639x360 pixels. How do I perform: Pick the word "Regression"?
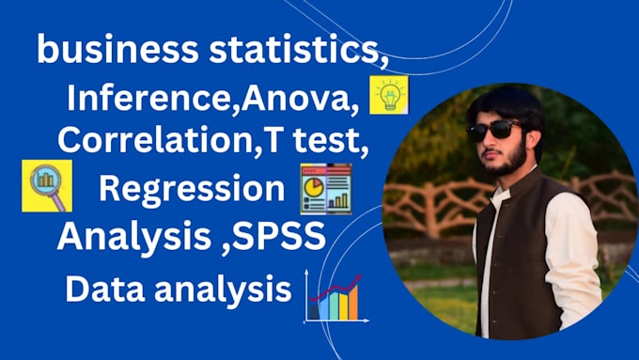click(191, 187)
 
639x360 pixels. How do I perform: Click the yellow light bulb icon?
click(388, 95)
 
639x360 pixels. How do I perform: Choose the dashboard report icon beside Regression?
click(325, 186)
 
